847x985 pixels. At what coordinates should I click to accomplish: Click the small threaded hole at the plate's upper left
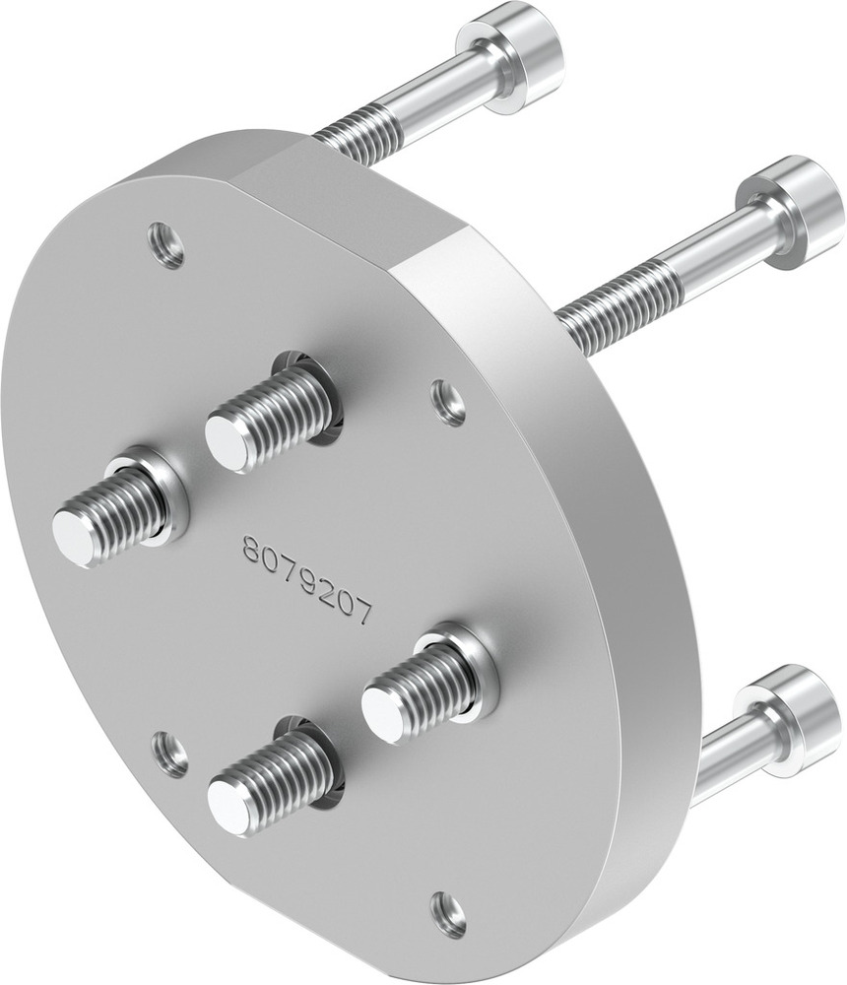coord(165,243)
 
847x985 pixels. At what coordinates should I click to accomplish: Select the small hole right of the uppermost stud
coord(449,402)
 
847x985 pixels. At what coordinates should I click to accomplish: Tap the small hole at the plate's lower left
coord(170,754)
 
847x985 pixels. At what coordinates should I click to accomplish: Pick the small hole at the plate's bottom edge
coord(448,913)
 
